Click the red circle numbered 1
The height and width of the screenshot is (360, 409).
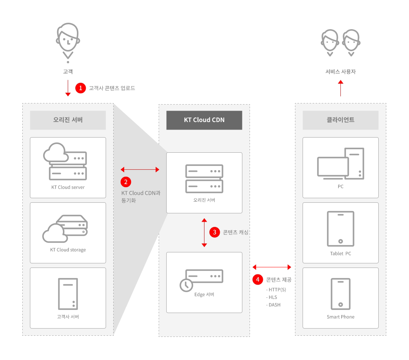[x=81, y=88]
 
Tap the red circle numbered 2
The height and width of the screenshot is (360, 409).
[x=126, y=182]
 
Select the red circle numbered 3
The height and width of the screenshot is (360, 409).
[x=215, y=232]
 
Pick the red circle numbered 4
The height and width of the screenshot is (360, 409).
[x=258, y=280]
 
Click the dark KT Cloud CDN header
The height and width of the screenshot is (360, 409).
[x=204, y=120]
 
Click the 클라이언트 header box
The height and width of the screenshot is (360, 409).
[x=340, y=120]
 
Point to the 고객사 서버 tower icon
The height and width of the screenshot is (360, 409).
[x=68, y=294]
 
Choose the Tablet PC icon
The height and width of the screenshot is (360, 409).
[x=340, y=229]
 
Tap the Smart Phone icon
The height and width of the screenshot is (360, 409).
[x=340, y=294]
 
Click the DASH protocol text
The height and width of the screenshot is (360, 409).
[x=274, y=305]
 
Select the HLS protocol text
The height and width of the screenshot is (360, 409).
[x=272, y=297]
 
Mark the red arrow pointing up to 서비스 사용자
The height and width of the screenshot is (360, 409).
[x=340, y=88]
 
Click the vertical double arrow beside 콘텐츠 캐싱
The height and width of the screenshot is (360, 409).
[x=204, y=232]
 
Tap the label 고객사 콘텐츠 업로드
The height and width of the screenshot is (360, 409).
[x=112, y=88]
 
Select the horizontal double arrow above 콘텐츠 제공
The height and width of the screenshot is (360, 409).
[x=272, y=267]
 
